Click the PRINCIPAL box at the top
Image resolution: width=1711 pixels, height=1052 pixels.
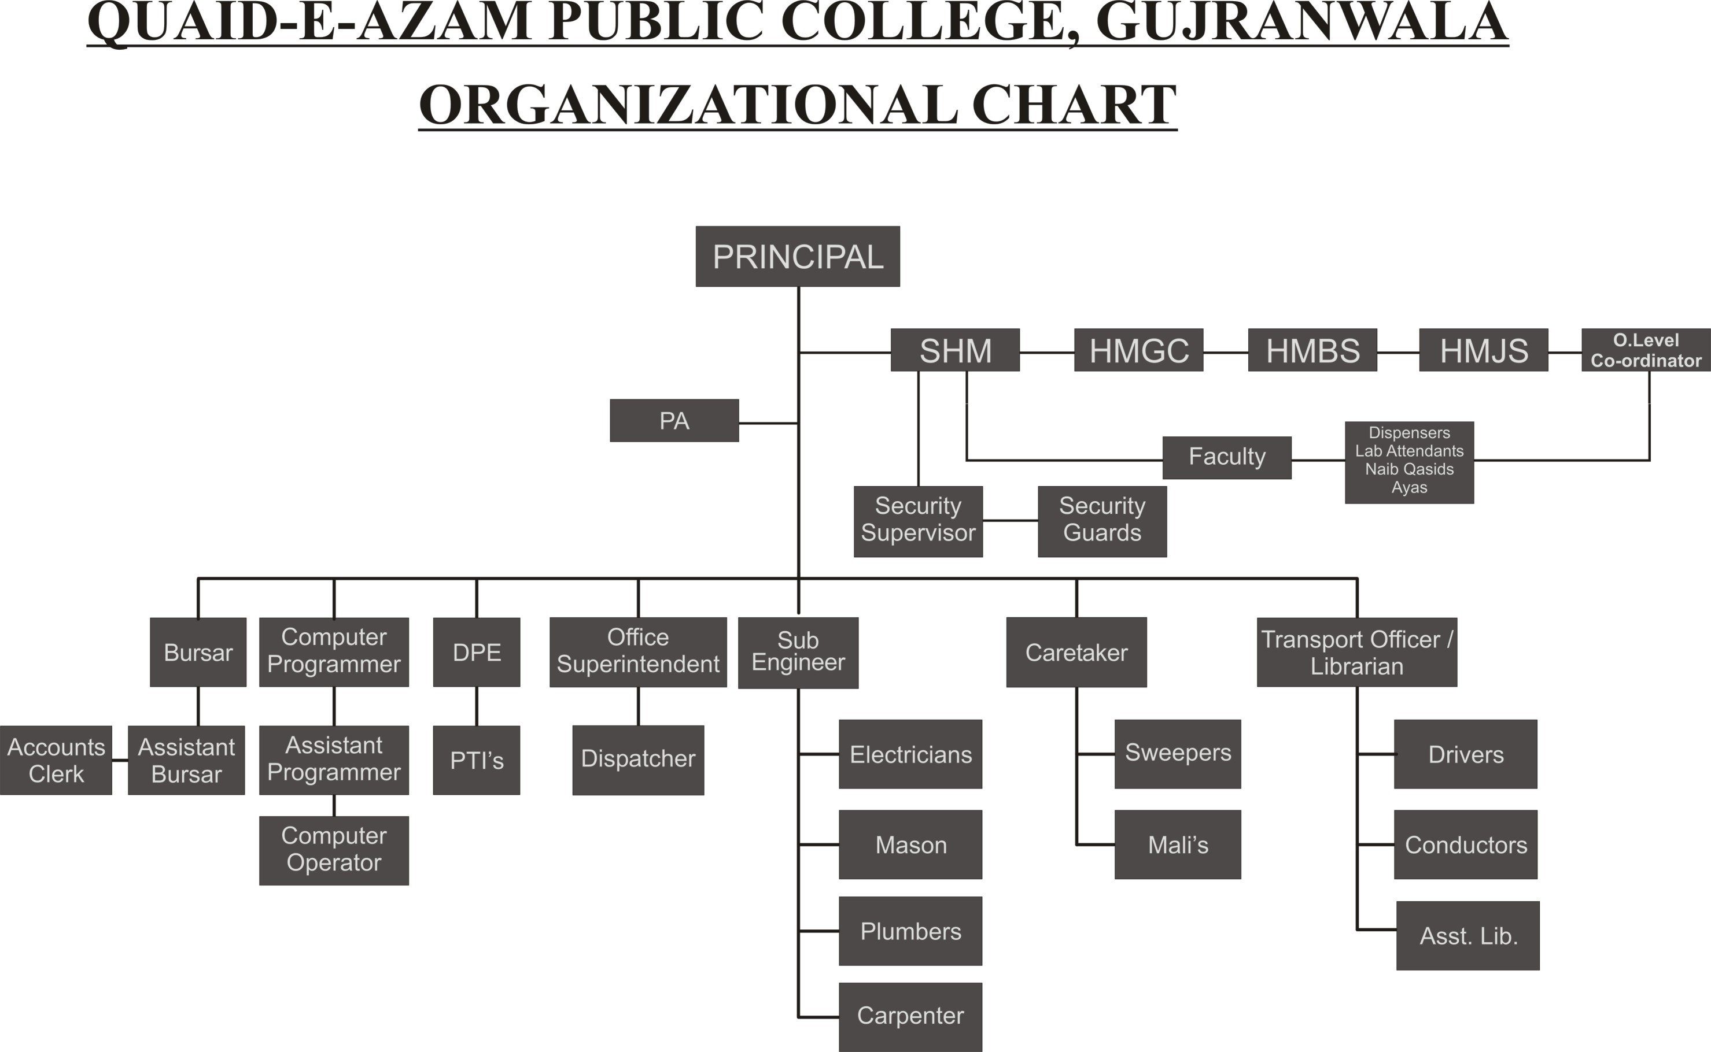(x=798, y=256)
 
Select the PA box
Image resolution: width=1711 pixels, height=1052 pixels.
(x=674, y=420)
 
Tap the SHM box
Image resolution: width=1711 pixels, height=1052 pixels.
(x=955, y=350)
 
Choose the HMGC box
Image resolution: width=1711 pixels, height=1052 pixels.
(x=1139, y=350)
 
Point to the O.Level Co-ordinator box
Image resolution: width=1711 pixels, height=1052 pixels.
(x=1646, y=350)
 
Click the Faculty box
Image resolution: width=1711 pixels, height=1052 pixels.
(x=1226, y=457)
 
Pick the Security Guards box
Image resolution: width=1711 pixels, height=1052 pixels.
(x=1102, y=521)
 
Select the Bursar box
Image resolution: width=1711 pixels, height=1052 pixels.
(x=198, y=652)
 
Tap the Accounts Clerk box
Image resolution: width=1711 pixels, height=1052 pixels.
(x=56, y=760)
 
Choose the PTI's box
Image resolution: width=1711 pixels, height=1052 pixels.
(x=476, y=760)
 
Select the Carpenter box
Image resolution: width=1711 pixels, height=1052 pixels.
(x=910, y=1017)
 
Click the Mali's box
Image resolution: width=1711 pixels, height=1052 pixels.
(x=1177, y=844)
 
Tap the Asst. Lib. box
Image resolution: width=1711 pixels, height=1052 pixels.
(x=1467, y=935)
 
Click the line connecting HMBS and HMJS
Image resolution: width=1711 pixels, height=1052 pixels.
(x=1397, y=353)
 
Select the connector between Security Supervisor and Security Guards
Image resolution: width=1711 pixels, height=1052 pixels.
(x=1010, y=520)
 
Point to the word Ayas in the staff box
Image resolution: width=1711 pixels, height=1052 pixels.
(x=1409, y=488)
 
